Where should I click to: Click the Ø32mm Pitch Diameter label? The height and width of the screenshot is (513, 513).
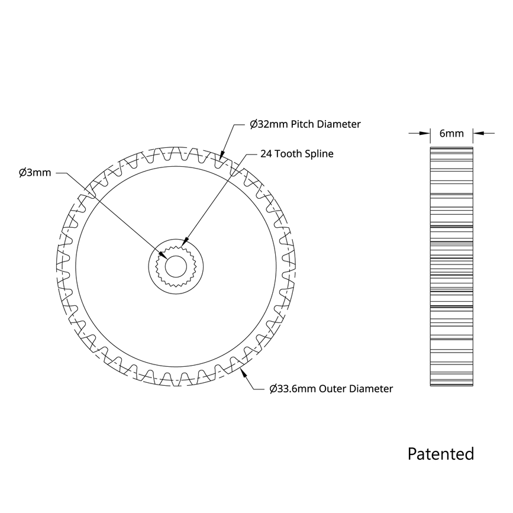click(305, 124)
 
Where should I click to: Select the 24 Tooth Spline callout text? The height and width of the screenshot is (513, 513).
click(297, 154)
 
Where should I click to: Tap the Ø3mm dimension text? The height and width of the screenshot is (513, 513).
click(35, 173)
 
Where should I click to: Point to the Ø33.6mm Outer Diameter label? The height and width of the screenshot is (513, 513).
click(331, 389)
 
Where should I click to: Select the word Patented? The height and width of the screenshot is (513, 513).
click(440, 454)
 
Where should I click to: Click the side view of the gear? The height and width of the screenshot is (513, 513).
click(451, 266)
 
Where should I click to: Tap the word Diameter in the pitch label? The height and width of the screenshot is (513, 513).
click(338, 124)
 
